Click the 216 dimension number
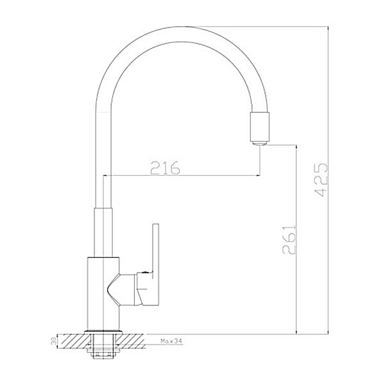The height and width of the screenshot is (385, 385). pyautogui.click(x=165, y=167)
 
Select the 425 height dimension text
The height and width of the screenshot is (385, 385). pyautogui.click(x=321, y=180)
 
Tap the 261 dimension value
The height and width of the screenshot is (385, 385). pyautogui.click(x=289, y=239)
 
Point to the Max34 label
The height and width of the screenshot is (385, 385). pyautogui.click(x=171, y=341)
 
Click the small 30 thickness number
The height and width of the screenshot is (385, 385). pyautogui.click(x=53, y=341)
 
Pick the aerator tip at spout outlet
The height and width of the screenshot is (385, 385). pyautogui.click(x=259, y=143)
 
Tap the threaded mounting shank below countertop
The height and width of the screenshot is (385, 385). pyautogui.click(x=103, y=346)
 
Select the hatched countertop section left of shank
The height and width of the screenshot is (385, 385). pyautogui.click(x=74, y=341)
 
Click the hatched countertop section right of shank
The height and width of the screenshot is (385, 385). pyautogui.click(x=131, y=341)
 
